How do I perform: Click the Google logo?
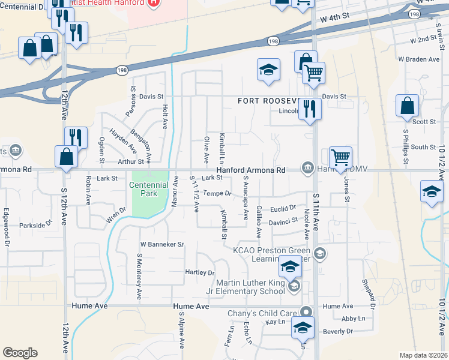pyautogui.click(x=20, y=353)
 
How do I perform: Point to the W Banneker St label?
pyautogui.click(x=161, y=245)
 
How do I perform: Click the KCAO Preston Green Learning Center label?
pyautogui.click(x=271, y=255)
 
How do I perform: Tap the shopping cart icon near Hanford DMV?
pyautogui.click(x=340, y=157)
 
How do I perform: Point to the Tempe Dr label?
pyautogui.click(x=217, y=193)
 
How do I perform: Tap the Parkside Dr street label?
pyautogui.click(x=35, y=225)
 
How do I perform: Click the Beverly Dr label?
pyautogui.click(x=337, y=331)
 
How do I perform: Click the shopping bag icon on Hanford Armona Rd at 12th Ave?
pyautogui.click(x=66, y=157)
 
